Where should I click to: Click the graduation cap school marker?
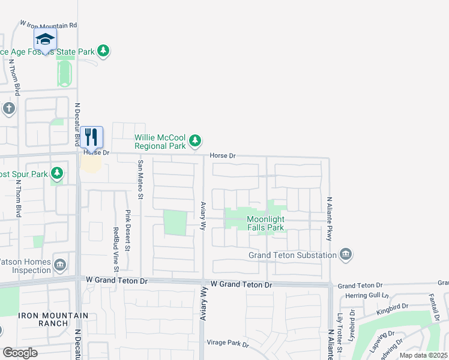click(46, 40)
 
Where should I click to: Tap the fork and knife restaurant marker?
click(91, 137)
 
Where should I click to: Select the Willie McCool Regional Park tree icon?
click(194, 141)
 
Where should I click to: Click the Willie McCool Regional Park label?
click(160, 142)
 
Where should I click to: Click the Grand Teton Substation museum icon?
click(345, 255)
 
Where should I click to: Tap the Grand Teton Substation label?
click(292, 256)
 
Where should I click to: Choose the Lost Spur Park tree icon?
click(57, 174)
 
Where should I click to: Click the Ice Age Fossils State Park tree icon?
click(104, 51)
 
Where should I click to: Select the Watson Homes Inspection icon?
click(60, 265)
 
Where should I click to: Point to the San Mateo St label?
click(141, 179)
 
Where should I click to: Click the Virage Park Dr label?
click(228, 343)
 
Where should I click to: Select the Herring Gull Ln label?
click(364, 296)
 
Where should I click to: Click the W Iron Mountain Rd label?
click(49, 25)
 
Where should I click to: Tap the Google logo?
click(20, 352)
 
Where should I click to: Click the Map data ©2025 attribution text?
click(423, 355)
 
